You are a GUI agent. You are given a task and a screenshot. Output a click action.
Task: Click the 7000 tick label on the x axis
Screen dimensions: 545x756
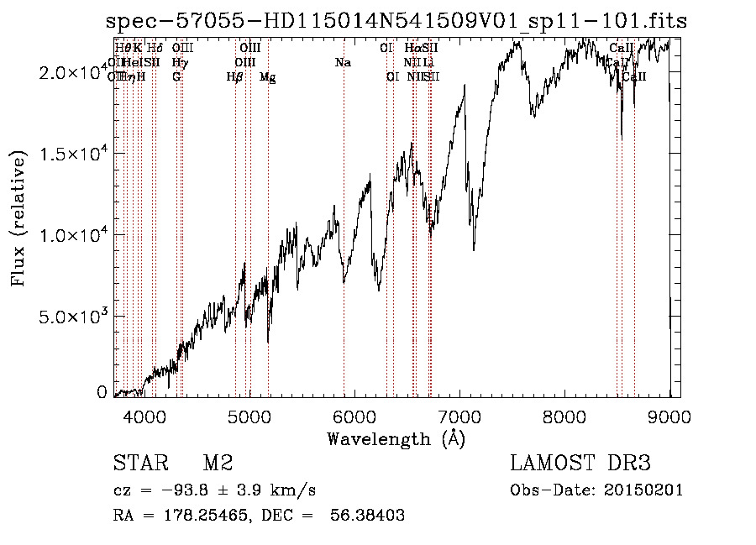pyautogui.click(x=459, y=415)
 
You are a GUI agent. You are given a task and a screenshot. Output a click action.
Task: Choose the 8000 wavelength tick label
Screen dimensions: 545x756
pyautogui.click(x=564, y=415)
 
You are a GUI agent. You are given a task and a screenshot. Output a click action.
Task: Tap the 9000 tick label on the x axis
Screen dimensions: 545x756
pyautogui.click(x=669, y=415)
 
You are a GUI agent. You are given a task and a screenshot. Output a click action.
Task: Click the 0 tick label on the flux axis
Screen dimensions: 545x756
pyautogui.click(x=102, y=391)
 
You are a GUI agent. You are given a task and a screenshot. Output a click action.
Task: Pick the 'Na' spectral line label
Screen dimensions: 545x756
pyautogui.click(x=343, y=63)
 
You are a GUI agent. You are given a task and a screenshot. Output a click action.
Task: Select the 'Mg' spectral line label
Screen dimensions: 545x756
pyautogui.click(x=267, y=77)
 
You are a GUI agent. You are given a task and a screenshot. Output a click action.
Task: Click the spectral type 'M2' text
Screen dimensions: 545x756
pyautogui.click(x=217, y=464)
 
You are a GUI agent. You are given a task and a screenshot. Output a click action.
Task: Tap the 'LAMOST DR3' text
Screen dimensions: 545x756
pyautogui.click(x=580, y=464)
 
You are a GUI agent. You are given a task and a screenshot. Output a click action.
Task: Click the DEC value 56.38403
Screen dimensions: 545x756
pyautogui.click(x=365, y=516)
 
